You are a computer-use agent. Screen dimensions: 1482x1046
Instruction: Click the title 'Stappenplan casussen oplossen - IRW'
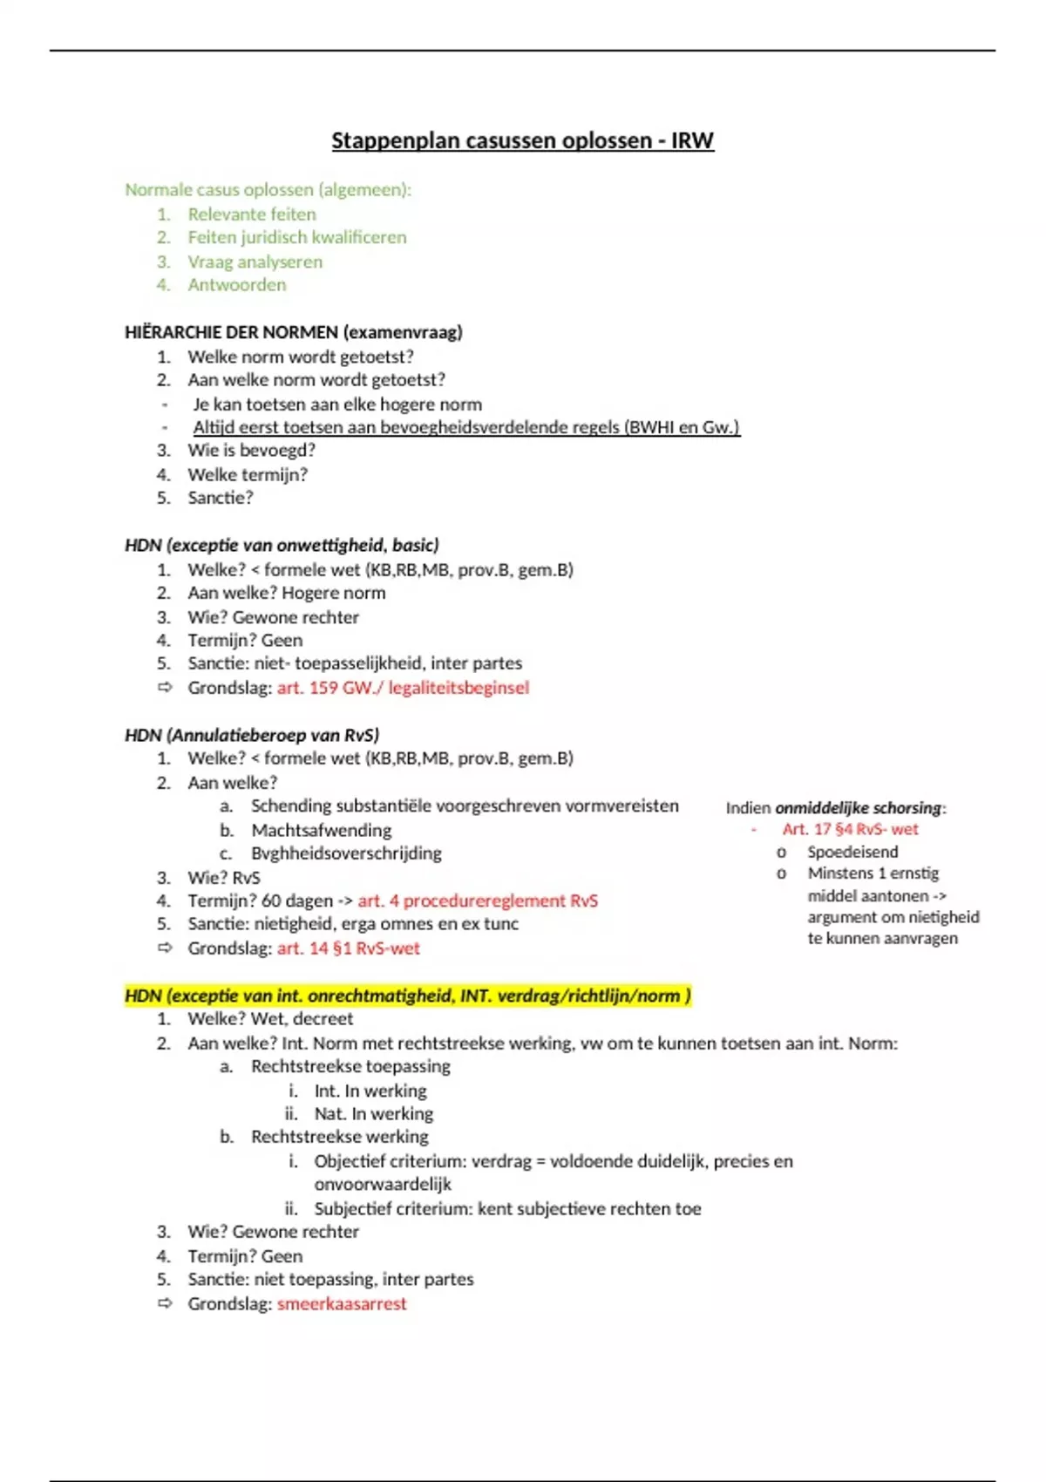[x=522, y=140]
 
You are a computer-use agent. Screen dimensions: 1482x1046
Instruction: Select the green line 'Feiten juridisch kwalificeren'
[x=296, y=237]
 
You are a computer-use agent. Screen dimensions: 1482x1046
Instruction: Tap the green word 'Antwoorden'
[x=236, y=284]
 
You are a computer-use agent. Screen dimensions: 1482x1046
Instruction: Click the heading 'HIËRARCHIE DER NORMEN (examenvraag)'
[x=294, y=332]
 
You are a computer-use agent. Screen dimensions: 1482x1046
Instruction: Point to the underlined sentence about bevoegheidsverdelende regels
[x=466, y=427]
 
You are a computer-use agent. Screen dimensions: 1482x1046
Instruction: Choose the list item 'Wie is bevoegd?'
[x=251, y=450]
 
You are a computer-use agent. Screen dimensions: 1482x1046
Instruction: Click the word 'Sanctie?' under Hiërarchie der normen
[x=221, y=498]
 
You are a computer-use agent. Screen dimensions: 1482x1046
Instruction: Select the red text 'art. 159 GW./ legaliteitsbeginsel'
[x=403, y=688]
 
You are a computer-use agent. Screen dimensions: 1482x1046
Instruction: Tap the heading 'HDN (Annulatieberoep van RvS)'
[x=252, y=735]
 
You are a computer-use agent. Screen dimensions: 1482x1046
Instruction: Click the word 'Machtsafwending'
[x=321, y=830]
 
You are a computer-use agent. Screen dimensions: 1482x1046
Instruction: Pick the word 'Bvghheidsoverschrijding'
[x=346, y=853]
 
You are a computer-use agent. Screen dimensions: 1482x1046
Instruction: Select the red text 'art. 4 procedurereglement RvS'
[x=478, y=901]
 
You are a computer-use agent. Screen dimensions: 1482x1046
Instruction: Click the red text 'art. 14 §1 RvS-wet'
[x=348, y=948]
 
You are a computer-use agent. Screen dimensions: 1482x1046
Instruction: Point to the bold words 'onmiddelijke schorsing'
[x=858, y=808]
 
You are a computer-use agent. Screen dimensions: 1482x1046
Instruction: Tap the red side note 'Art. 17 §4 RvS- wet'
[x=850, y=829]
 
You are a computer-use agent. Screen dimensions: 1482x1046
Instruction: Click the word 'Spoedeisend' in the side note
[x=852, y=852]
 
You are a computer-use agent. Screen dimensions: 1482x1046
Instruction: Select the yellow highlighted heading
[x=408, y=996]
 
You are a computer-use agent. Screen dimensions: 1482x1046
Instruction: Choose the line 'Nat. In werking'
[x=373, y=1113]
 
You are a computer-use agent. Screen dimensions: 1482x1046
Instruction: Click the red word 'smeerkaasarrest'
[x=342, y=1304]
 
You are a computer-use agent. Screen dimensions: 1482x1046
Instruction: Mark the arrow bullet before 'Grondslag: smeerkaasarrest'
[x=165, y=1303]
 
